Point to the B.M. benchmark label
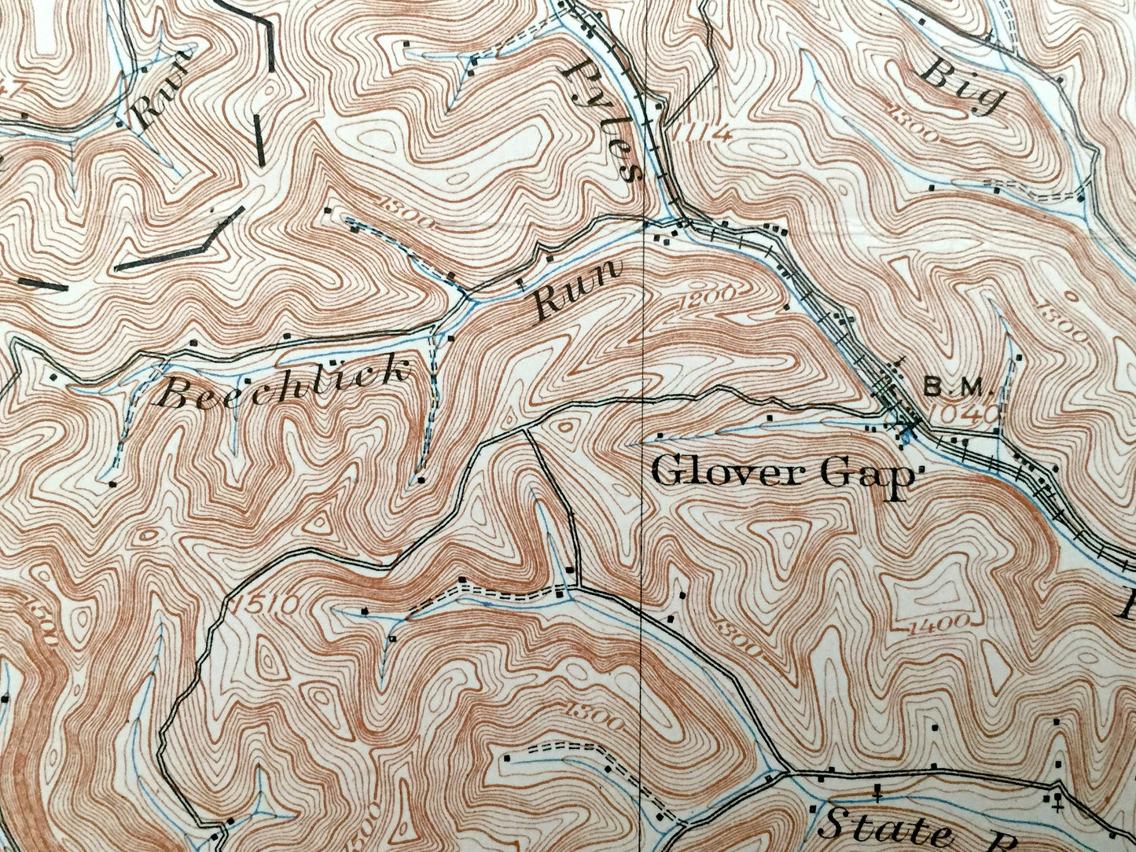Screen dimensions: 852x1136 pos(958,387)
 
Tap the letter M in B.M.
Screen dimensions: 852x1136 pos(978,387)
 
